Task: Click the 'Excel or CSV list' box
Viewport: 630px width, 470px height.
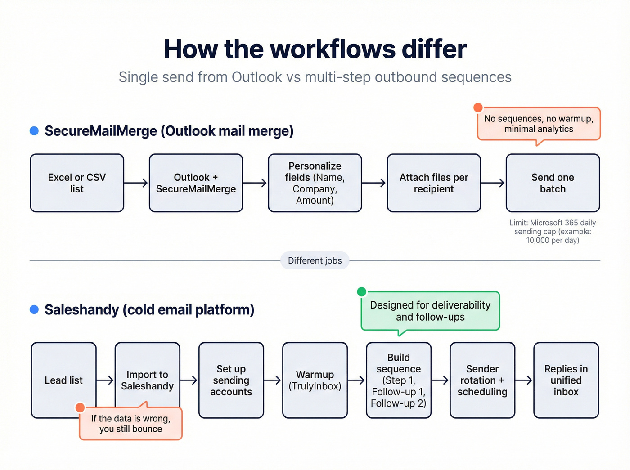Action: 77,183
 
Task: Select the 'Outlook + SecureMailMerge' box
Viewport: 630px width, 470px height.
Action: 196,183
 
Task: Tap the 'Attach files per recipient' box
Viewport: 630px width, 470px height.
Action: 434,183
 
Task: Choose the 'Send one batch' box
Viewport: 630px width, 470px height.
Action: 553,183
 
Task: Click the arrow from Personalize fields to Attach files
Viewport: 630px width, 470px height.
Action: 374,183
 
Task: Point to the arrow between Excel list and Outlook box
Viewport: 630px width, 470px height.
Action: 136,183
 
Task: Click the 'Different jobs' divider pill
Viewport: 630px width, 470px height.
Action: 315,260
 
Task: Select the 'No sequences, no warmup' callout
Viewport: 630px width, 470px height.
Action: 539,124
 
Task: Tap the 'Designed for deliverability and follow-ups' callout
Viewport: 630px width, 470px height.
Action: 430,311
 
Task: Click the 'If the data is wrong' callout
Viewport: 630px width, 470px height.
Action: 130,424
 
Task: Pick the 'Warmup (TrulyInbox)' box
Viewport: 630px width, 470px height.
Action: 315,380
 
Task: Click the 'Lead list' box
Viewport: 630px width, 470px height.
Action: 63,380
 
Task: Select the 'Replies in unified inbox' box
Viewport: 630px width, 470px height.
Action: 566,380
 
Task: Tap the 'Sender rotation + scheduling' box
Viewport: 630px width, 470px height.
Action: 482,380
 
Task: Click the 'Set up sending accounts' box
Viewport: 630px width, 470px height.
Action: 231,380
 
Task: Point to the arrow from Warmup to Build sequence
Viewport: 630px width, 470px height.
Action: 356,380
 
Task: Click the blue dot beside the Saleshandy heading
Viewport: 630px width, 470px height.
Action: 34,309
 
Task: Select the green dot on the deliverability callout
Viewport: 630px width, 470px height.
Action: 361,292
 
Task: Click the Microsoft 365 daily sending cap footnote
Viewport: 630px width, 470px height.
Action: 553,232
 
